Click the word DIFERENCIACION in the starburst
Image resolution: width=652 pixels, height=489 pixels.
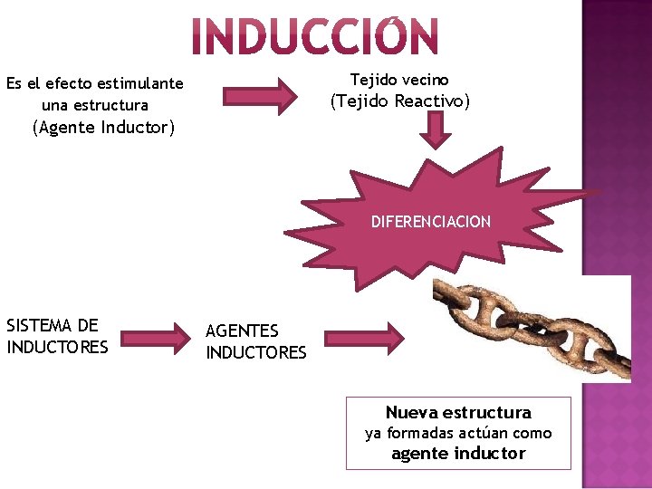click(x=430, y=222)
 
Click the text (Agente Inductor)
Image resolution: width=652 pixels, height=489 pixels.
click(x=102, y=128)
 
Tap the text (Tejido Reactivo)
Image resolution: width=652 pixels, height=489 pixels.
click(x=400, y=101)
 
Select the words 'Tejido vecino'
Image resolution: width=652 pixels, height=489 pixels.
click(x=399, y=80)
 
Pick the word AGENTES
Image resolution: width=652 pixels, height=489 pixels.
click(x=243, y=331)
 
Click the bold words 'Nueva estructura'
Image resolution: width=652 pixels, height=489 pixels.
click(x=458, y=413)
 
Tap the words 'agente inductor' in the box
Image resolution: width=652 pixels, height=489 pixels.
click(x=458, y=454)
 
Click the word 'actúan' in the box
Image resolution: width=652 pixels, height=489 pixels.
click(x=488, y=433)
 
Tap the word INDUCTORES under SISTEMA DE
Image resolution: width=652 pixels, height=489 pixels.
click(x=57, y=347)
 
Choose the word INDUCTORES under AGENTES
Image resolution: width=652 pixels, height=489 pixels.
click(x=256, y=352)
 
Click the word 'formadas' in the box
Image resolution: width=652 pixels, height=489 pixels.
click(x=419, y=433)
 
